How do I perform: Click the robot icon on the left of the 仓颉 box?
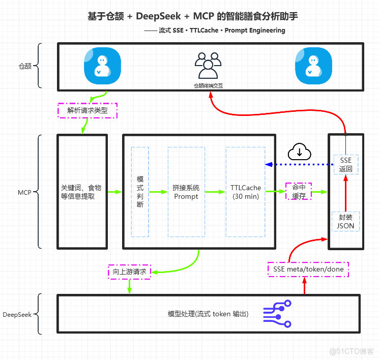click(102, 66)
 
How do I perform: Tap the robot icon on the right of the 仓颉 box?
click(313, 66)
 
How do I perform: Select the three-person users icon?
click(208, 66)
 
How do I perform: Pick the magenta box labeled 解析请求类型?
click(88, 110)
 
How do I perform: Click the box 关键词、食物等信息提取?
click(81, 192)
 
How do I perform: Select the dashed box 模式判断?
click(140, 192)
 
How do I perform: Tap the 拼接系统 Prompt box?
click(186, 192)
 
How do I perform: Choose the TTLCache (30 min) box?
click(245, 192)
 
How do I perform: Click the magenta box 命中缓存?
click(298, 192)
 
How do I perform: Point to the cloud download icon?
click(300, 151)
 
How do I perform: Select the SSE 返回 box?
click(345, 164)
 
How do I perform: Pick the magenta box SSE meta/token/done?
click(308, 269)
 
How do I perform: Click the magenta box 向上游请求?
click(130, 272)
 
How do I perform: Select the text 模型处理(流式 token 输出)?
click(208, 314)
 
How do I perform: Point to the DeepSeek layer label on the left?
click(17, 314)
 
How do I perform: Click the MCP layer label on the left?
click(24, 192)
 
